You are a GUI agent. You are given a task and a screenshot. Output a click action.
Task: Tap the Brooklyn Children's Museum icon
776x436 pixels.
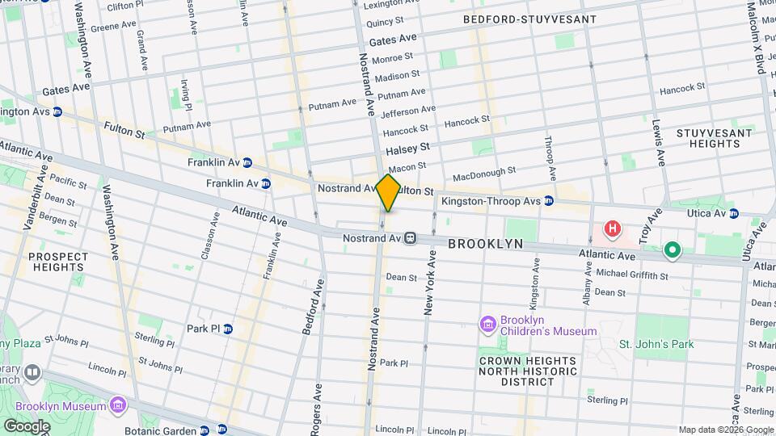[x=487, y=325]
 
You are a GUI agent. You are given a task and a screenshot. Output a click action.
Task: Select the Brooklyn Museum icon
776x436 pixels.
[x=118, y=403]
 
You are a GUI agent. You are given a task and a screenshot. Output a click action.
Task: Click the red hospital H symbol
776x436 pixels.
[x=613, y=229]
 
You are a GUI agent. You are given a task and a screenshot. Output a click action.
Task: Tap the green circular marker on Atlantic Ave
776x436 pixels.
[x=672, y=252]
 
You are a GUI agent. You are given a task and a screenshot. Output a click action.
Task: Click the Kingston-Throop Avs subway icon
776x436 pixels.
[x=549, y=200]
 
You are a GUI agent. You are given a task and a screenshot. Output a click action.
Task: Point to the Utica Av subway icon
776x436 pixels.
[x=734, y=213]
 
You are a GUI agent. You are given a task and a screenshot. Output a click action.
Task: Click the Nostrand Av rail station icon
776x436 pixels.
[x=411, y=238]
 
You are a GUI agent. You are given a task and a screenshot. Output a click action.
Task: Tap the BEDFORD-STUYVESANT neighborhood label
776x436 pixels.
[x=541, y=19]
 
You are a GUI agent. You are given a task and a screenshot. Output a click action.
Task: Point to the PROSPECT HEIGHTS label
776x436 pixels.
[x=57, y=262]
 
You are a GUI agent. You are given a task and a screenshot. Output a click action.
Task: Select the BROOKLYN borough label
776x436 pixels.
[x=485, y=243]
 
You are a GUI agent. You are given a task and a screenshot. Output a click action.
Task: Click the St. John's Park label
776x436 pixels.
[x=656, y=345]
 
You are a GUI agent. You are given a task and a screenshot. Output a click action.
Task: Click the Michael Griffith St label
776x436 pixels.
[x=632, y=275]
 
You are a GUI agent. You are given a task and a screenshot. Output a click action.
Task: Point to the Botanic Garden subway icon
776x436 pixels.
[x=205, y=430]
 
